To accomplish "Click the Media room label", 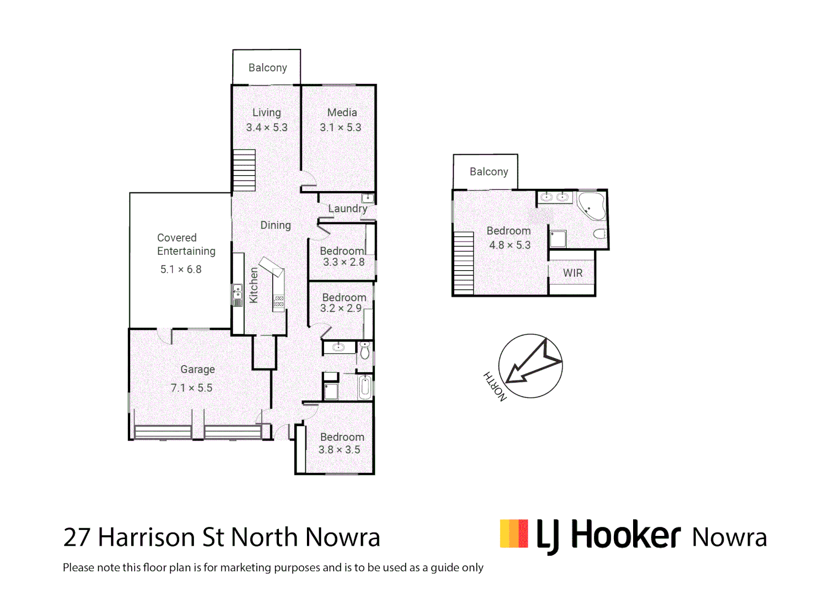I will pyautogui.click(x=342, y=113).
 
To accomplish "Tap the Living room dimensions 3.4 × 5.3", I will pyautogui.click(x=267, y=127).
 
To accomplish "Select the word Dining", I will pyautogui.click(x=276, y=225).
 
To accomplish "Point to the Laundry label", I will pyautogui.click(x=348, y=209).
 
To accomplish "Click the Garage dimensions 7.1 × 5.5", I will pyautogui.click(x=191, y=388).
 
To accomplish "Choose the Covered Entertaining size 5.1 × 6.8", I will pyautogui.click(x=181, y=270).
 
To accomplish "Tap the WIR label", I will pyautogui.click(x=573, y=273).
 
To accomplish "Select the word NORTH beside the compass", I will pyautogui.click(x=495, y=387).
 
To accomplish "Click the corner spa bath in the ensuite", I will pyautogui.click(x=591, y=205).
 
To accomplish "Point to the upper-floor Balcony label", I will pyautogui.click(x=489, y=172).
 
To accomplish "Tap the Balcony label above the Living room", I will pyautogui.click(x=267, y=68).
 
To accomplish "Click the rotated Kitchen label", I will pyautogui.click(x=254, y=285).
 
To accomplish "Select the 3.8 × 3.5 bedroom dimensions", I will pyautogui.click(x=339, y=450).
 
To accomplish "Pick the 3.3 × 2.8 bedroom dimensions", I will pyautogui.click(x=344, y=262).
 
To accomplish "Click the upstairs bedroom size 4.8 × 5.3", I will pyautogui.click(x=510, y=245).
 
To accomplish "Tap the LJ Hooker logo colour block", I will pyautogui.click(x=514, y=534).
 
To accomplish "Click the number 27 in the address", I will pyautogui.click(x=76, y=538).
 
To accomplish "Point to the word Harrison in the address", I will pyautogui.click(x=147, y=538).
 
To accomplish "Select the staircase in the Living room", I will pyautogui.click(x=244, y=170).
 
